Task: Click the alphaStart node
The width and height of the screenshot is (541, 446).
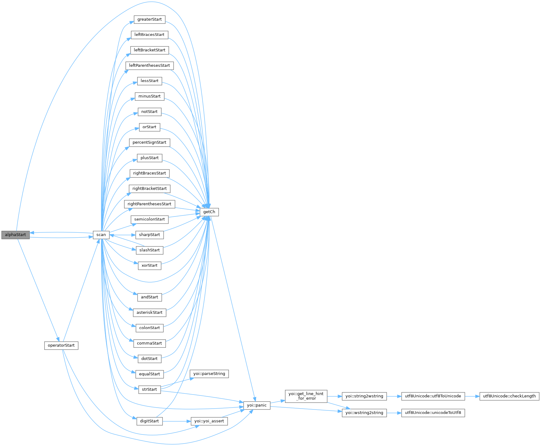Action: coord(15,235)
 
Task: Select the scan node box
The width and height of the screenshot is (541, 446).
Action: coord(101,235)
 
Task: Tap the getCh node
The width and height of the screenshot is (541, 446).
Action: coord(209,212)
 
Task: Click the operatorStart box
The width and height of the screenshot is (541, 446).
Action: coord(61,346)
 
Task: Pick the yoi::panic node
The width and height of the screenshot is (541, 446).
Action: coord(257,405)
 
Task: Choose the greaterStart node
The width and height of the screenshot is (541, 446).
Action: coord(149,19)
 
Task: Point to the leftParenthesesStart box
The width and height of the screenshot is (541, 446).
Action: coord(149,65)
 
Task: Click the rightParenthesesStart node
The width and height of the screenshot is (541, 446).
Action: coord(149,204)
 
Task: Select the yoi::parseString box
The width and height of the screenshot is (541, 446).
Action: coord(209,374)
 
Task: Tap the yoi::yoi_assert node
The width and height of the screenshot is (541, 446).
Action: coord(209,421)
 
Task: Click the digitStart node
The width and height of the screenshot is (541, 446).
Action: coord(149,421)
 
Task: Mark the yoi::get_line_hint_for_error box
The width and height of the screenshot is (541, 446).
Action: coord(306,396)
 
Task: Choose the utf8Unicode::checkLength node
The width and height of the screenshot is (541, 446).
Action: coord(509,396)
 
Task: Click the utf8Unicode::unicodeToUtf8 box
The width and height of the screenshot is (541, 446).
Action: coord(433,413)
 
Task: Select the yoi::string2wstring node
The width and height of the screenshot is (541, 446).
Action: coord(364,396)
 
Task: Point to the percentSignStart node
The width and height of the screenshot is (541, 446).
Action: coord(149,143)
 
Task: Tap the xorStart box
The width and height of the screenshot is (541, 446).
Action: coord(149,266)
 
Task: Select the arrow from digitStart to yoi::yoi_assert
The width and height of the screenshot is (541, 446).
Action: coord(176,421)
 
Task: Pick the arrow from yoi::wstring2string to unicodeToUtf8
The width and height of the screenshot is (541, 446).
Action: coord(394,413)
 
